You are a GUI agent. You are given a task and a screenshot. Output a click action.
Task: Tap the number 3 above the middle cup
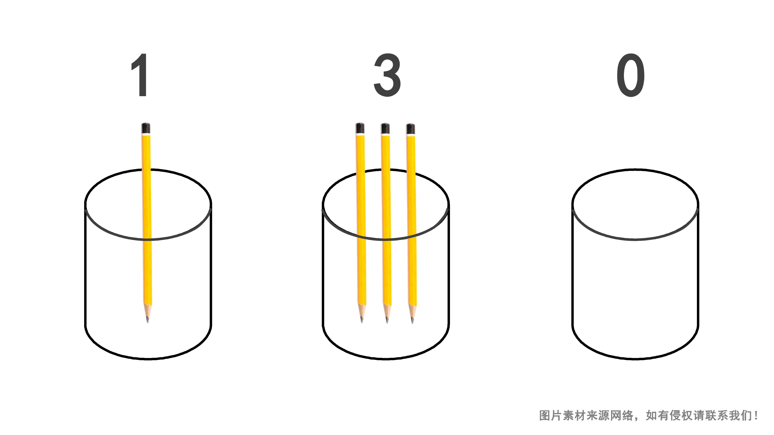[387, 75]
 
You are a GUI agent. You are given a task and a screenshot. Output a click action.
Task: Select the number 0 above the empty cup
[631, 75]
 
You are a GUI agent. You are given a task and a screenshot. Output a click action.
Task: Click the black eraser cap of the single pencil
[146, 128]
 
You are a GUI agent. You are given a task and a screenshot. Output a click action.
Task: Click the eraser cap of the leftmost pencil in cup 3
[360, 128]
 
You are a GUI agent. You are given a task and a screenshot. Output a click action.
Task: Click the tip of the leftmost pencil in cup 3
[362, 322]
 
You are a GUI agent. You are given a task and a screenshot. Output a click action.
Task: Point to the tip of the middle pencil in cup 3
[387, 322]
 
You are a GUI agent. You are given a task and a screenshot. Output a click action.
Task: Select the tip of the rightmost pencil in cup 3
[412, 322]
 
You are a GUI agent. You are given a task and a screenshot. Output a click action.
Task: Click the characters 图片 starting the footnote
[550, 415]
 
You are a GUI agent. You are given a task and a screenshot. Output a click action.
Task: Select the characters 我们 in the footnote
[741, 415]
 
